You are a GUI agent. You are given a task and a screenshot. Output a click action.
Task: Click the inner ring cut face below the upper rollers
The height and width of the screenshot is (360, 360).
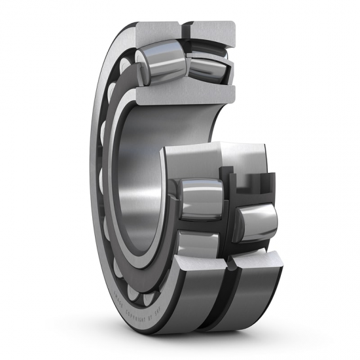[183, 95]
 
